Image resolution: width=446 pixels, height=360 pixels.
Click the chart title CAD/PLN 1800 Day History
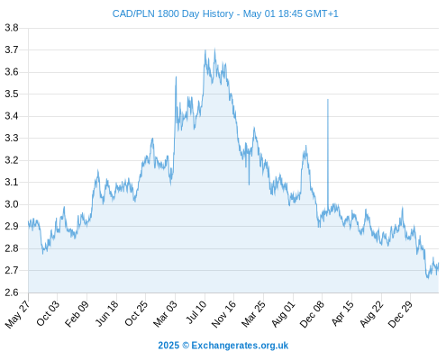coord(173,13)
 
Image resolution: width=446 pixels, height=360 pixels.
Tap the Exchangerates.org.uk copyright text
coord(223,346)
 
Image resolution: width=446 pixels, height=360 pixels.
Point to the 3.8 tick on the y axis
coord(12,28)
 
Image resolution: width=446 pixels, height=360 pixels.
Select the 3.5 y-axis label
coord(12,94)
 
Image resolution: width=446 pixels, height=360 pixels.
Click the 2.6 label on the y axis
coord(12,292)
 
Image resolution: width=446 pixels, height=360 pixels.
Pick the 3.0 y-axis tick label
coord(12,204)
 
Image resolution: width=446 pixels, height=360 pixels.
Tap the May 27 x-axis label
coord(17,314)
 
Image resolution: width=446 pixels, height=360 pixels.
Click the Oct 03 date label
coord(48,313)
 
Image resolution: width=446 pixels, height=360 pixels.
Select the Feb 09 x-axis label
coord(77,313)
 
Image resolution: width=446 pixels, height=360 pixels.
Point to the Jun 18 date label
coord(107,313)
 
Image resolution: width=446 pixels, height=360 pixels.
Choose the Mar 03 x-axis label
coord(165,314)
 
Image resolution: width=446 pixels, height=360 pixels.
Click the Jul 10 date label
coord(196,312)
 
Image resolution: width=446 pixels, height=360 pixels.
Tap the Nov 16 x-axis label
coord(223,314)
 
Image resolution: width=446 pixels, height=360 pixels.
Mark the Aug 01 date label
coord(284,314)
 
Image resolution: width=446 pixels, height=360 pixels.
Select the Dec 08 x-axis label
coord(312,314)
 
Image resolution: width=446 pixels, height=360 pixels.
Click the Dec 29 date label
coord(400,314)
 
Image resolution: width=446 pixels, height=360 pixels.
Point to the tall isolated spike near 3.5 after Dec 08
coord(328,99)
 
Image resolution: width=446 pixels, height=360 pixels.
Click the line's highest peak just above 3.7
coord(214,49)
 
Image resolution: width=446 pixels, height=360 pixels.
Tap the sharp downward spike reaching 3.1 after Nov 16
coord(249,184)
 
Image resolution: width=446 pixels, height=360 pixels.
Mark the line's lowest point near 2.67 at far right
coord(428,278)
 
